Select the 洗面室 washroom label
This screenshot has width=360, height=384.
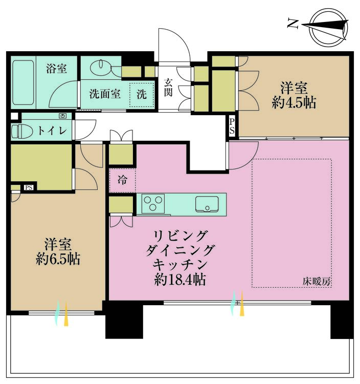coord(104,94)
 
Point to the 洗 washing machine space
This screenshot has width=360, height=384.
coord(141,95)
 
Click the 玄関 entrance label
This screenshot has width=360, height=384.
coord(168,87)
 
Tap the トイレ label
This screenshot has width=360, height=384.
coord(52,131)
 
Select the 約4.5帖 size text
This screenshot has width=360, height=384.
coord(294,102)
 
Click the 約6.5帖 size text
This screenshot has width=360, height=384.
coord(58,259)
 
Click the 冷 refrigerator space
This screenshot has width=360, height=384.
coord(122,180)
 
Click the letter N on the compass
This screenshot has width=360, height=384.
coord(293,23)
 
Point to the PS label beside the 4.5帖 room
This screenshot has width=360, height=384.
coord(232,126)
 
